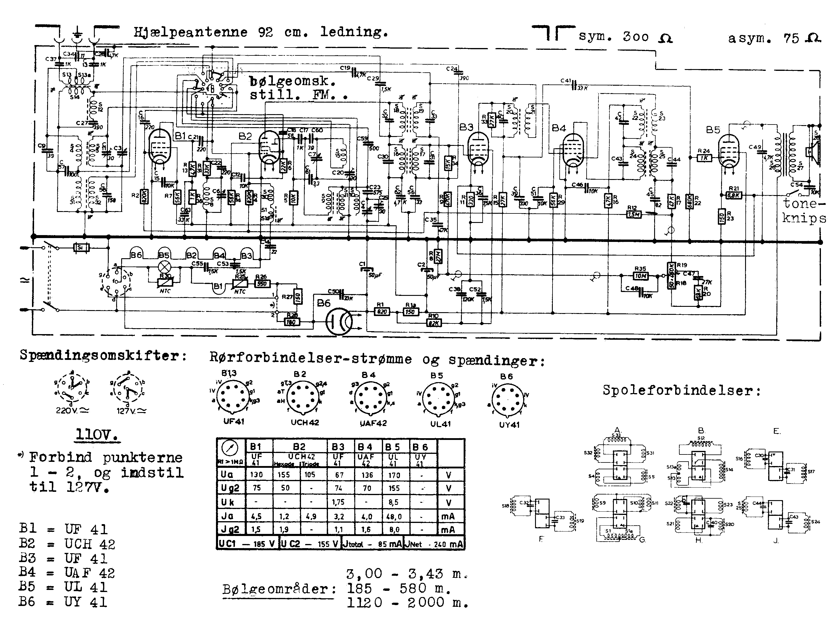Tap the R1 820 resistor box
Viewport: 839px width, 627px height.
382,312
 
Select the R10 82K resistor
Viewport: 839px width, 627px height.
433,323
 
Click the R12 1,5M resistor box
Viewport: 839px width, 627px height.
633,214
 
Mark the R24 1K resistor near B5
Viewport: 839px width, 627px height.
704,158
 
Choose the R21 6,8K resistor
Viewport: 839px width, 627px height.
733,195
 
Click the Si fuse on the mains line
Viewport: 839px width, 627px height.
81,248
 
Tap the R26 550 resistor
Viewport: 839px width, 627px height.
262,283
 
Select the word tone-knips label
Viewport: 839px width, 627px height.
804,211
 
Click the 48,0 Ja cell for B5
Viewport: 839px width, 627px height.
395,516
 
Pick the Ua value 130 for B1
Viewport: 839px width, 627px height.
256,474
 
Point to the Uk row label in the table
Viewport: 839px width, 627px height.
228,502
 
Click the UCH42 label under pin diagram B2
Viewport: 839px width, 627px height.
305,422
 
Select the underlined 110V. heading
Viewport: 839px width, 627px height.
97,434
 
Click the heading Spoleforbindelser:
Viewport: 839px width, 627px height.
682,390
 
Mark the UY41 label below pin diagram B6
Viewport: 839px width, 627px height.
509,425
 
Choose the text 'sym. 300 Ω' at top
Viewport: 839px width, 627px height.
625,37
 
